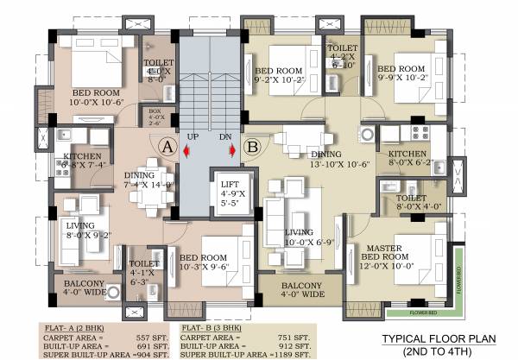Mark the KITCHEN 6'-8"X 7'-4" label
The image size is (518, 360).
[85, 161]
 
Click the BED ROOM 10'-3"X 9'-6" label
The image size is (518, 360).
[204, 262]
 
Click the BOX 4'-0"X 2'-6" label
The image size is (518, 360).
[155, 115]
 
